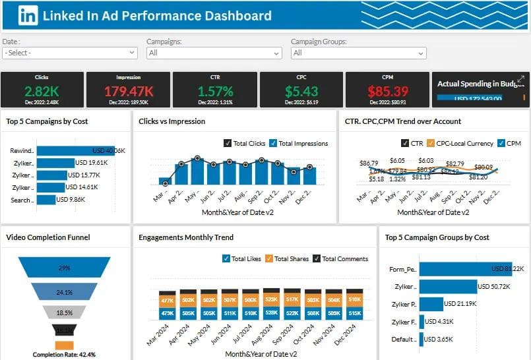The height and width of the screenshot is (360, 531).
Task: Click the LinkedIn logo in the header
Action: pos(27,15)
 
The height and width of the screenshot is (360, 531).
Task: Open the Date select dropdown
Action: pos(69,53)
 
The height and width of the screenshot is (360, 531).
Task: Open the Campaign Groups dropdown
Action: pos(358,53)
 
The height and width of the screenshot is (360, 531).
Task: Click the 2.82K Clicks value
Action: pos(42,90)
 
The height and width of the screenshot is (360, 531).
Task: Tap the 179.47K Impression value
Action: pos(129,91)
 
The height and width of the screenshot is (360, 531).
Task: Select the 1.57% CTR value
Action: pos(215,91)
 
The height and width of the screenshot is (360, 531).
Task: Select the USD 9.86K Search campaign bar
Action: pos(46,200)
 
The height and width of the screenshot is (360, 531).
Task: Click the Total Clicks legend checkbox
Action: pos(228,143)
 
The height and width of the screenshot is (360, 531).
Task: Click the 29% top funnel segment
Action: pos(64,268)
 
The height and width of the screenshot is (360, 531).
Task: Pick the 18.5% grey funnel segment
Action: pos(64,312)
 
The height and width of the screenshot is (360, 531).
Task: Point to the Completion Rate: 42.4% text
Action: pos(64,355)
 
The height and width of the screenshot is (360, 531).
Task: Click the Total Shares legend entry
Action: pos(268,259)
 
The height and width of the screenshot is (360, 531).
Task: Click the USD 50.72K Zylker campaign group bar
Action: pos(448,287)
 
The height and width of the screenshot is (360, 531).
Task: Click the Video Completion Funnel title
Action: pos(48,237)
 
